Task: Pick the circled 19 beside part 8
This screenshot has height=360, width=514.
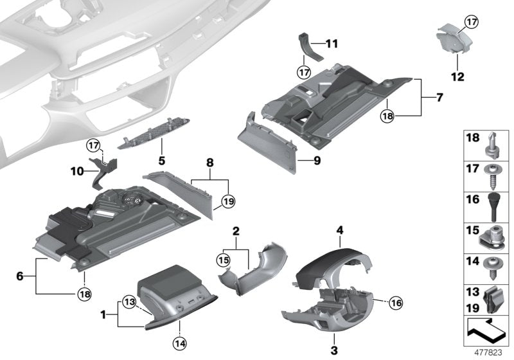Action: pos(226,202)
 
